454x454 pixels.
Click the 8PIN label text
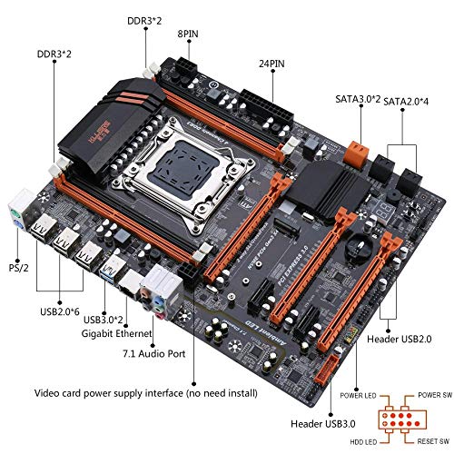187,35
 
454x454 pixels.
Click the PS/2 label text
17,269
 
